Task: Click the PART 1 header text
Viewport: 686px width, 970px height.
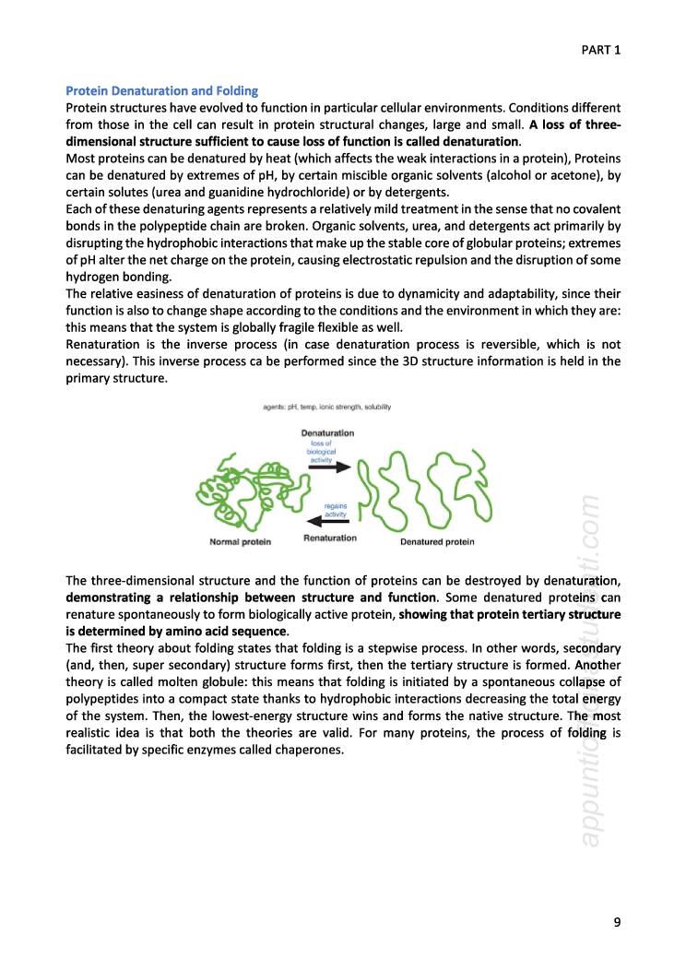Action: (600, 50)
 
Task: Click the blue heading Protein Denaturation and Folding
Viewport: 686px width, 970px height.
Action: (161, 91)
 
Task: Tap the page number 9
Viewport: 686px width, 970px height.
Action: (616, 920)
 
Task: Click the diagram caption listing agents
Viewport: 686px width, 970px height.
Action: (327, 406)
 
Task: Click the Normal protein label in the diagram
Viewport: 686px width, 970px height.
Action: (240, 542)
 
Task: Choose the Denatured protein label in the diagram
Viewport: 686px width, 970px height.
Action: (437, 542)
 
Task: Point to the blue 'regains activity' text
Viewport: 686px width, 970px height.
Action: (337, 510)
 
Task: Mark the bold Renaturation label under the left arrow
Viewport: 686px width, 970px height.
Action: (330, 538)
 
